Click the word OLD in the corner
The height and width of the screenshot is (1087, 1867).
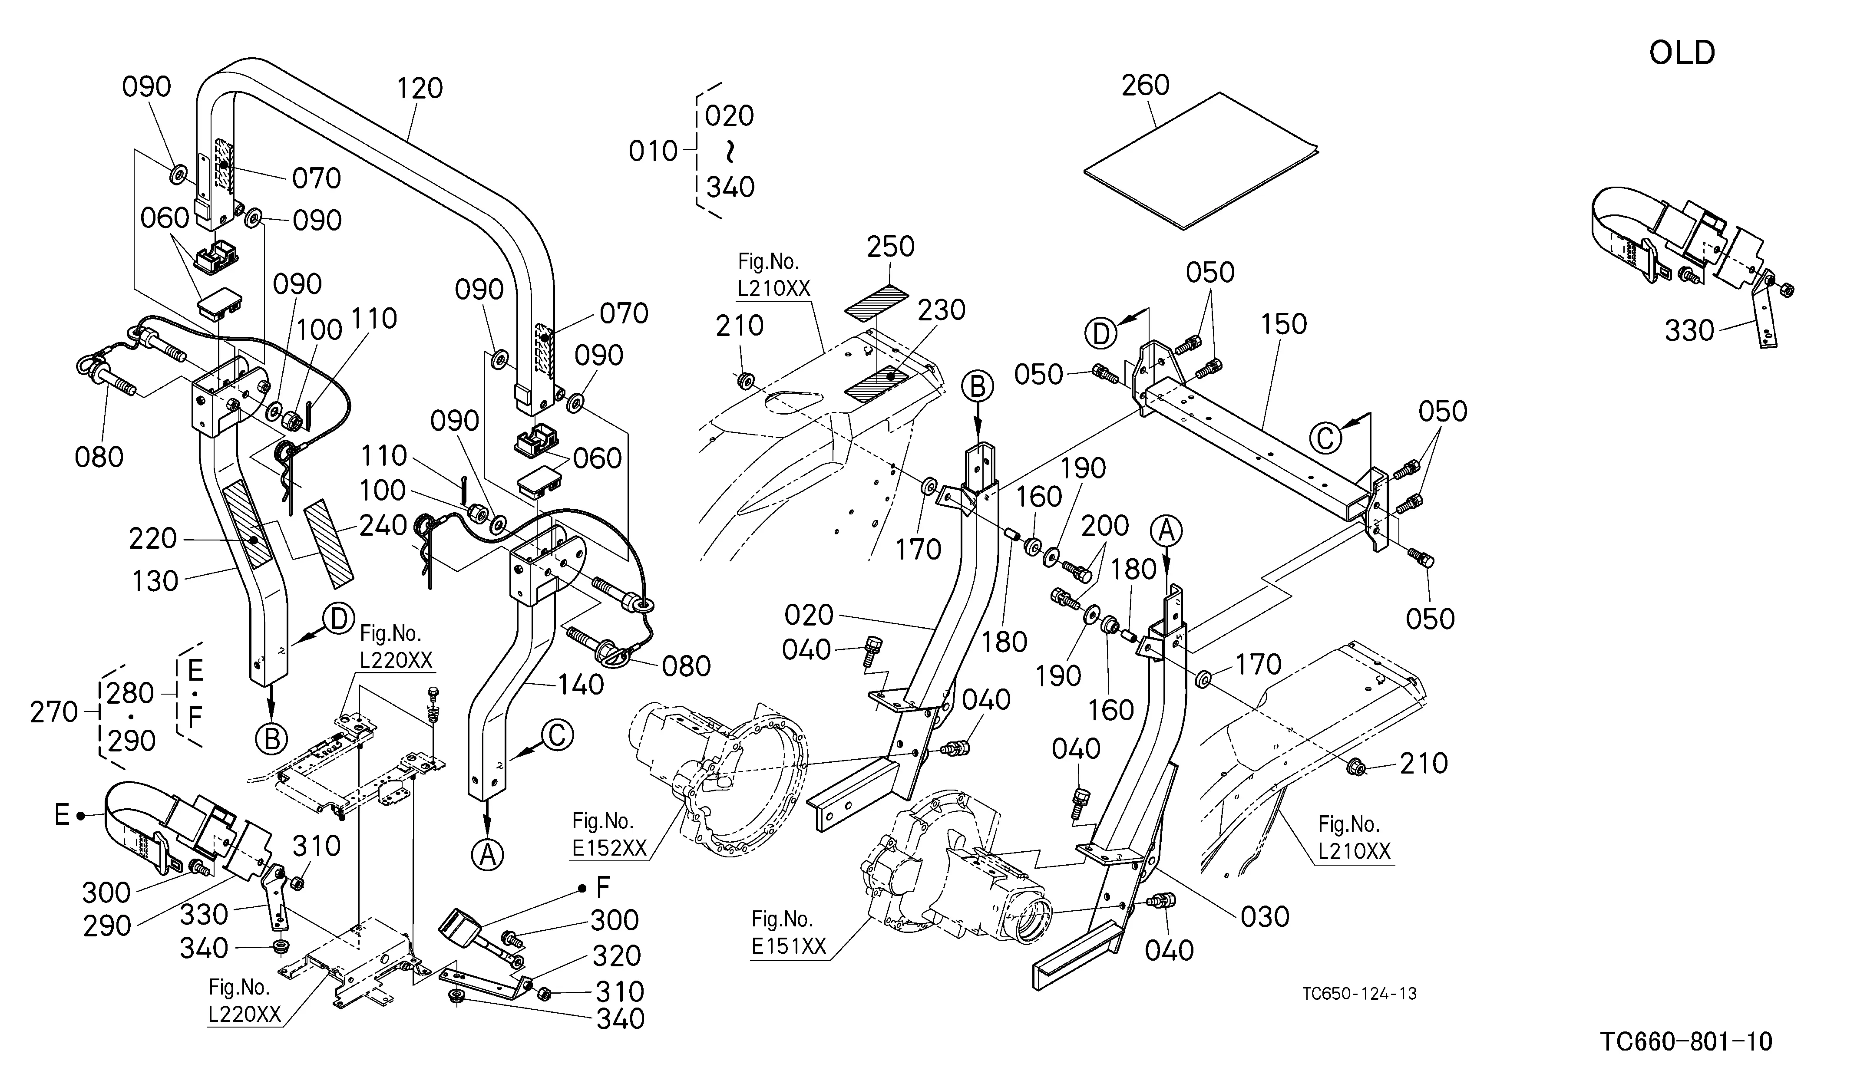coord(1682,53)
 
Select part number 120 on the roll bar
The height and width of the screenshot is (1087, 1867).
coord(420,88)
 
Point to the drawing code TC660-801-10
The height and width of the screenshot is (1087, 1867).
coord(1686,1042)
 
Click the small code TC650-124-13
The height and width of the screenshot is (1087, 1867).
coord(1359,994)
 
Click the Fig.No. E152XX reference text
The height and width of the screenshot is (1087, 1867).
coord(610,834)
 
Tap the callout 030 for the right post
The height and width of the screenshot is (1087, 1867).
coord(1265,917)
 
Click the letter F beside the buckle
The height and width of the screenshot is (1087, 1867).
coord(603,887)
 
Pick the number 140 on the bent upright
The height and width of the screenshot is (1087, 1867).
coord(580,685)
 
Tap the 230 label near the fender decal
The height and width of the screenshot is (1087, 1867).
coord(942,310)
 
